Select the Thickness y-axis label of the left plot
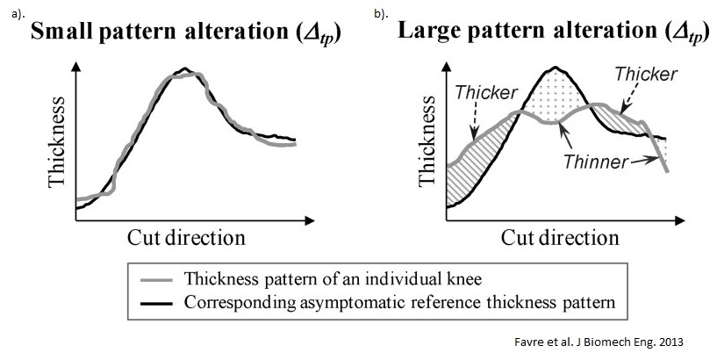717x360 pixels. point(57,148)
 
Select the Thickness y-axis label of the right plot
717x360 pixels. point(428,148)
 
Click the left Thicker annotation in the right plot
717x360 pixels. point(486,91)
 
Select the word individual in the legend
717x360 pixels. point(376,280)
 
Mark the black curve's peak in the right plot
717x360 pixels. point(556,67)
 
